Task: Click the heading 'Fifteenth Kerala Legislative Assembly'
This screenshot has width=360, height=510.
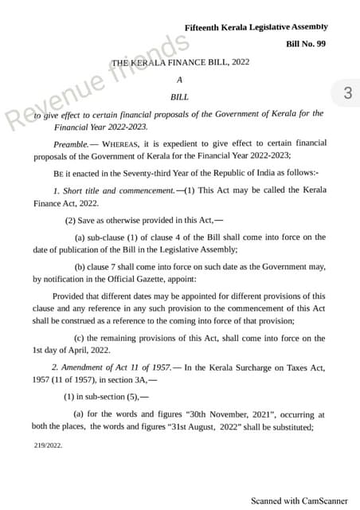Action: point(256,28)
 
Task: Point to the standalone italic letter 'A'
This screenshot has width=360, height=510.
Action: point(180,80)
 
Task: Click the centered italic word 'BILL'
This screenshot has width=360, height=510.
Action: point(180,96)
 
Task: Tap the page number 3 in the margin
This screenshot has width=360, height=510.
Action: point(346,93)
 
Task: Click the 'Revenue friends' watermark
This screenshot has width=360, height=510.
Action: point(96,80)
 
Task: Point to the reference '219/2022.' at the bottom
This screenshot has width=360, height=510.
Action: point(48,446)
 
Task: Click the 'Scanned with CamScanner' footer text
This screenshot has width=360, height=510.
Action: point(299,500)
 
